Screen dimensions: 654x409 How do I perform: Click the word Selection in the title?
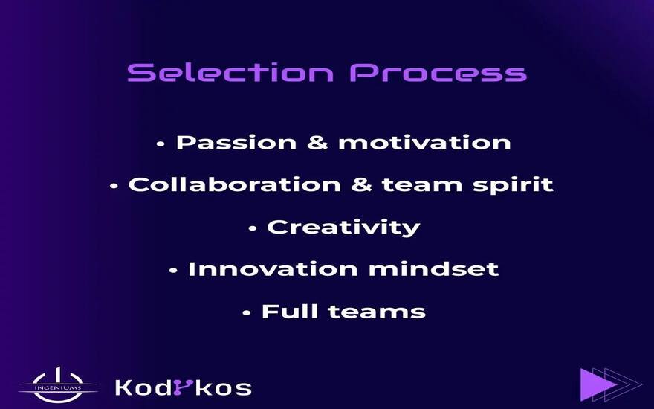(x=230, y=72)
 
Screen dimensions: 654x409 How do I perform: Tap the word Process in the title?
(x=438, y=72)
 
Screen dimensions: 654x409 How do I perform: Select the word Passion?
(x=236, y=142)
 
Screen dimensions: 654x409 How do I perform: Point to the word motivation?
(x=424, y=142)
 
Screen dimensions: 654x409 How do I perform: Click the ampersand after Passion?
(x=317, y=142)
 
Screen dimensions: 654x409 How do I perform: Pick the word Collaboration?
(x=234, y=184)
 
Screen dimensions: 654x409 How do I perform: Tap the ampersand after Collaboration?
(x=361, y=184)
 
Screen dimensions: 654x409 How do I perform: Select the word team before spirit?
(x=421, y=185)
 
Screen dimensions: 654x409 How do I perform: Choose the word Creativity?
(x=343, y=228)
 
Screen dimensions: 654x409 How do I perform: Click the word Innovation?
(x=273, y=268)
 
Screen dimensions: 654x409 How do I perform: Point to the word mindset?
(x=433, y=268)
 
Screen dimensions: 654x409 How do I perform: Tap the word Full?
(x=289, y=312)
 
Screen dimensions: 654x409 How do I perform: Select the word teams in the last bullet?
(x=377, y=312)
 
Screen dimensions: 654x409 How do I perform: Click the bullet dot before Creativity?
(x=253, y=228)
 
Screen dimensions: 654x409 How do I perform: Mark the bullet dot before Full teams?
(x=247, y=312)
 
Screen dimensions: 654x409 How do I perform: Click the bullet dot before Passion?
(x=161, y=144)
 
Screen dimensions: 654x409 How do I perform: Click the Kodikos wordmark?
(x=183, y=387)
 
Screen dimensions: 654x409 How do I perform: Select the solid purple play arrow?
(x=598, y=384)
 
